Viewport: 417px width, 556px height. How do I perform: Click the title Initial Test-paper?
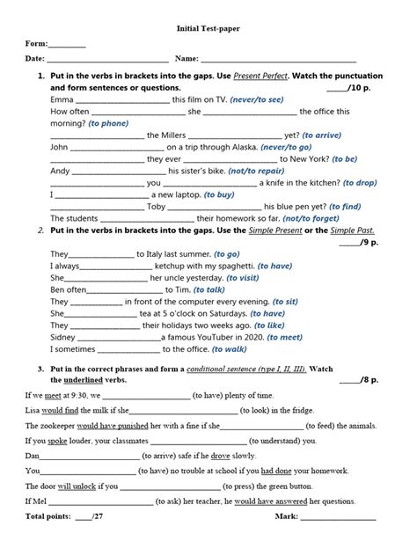[x=208, y=28]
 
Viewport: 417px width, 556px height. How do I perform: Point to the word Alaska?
[x=252, y=147]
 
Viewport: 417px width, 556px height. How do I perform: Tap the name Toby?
[x=156, y=207]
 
